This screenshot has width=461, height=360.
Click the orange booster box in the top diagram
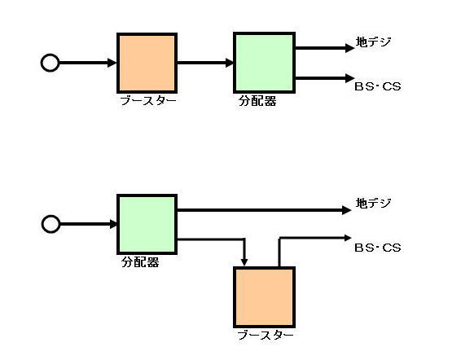pos(147,63)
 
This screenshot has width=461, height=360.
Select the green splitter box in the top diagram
pos(265,63)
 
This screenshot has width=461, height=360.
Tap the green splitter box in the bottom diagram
pos(147,224)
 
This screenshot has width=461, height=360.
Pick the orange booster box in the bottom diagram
pos(265,297)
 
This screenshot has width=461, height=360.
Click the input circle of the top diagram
pos(50,63)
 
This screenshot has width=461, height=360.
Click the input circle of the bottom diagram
pos(50,224)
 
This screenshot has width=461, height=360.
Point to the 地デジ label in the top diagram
pos(373,42)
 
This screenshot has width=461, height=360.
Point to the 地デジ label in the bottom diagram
pos(373,203)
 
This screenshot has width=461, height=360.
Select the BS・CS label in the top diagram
pos(378,86)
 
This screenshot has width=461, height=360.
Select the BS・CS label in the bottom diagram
pos(378,248)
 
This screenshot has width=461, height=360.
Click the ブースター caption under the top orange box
pos(148,101)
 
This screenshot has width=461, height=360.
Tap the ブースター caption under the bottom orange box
pos(266,336)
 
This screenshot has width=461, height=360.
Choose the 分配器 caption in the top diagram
pos(257,101)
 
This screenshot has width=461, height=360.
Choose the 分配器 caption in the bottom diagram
pos(140,262)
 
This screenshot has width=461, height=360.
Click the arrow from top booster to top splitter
pos(205,63)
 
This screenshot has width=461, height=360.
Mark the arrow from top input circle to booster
pos(88,63)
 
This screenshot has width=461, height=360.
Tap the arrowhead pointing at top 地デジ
pos(350,47)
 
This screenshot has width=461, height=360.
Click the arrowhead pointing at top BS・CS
pos(350,78)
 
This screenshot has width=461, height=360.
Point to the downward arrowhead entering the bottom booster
pos(244,262)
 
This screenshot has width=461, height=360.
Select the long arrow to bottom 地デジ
pos(265,210)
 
